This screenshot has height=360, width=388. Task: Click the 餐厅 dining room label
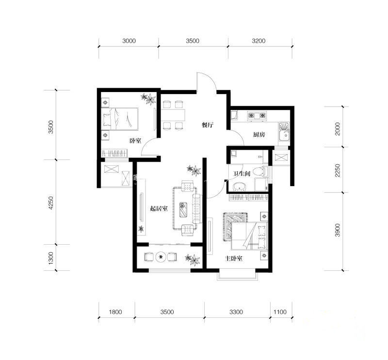click(208, 125)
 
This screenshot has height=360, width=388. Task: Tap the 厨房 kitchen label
click(259, 135)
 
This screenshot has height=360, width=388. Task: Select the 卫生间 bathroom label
click(242, 174)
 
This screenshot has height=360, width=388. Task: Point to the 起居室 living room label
click(159, 209)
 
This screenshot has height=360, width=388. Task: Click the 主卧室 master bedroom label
click(233, 259)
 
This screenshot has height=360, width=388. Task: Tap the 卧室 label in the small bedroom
click(136, 141)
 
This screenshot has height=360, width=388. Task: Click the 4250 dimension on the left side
click(50, 203)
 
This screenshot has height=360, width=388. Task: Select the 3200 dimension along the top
click(259, 41)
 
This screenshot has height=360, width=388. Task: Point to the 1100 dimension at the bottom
click(280, 312)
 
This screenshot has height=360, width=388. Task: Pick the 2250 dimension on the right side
click(338, 171)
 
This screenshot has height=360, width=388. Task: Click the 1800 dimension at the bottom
click(115, 312)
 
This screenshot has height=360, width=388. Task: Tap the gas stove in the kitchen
click(257, 115)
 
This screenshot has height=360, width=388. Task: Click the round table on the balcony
click(161, 257)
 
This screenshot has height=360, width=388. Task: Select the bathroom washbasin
click(239, 187)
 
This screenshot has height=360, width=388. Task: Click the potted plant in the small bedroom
click(149, 99)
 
